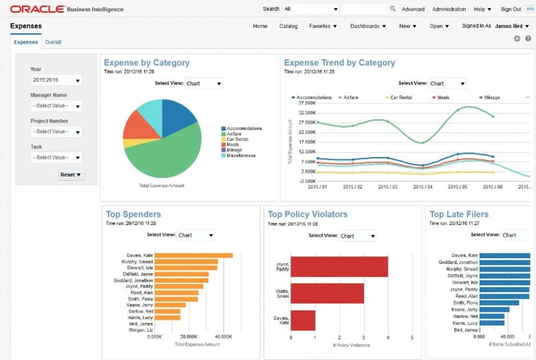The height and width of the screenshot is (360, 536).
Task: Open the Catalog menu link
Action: [288, 26]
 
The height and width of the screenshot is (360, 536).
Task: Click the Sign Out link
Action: [510, 9]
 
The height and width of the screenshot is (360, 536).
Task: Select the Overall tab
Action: [53, 42]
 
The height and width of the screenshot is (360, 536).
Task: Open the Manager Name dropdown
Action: [56, 106]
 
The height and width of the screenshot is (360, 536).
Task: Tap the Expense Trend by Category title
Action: [339, 63]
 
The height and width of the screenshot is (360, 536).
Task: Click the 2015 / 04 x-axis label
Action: [423, 187]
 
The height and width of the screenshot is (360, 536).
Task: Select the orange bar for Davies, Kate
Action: [194, 256]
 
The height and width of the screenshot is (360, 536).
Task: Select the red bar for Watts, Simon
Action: [327, 293]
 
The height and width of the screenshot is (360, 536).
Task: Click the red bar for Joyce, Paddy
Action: [339, 267]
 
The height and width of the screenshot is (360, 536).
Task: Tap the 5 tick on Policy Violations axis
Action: [412, 338]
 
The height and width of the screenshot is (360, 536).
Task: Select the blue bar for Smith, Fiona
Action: [499, 303]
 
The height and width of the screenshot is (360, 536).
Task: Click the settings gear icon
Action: [517, 39]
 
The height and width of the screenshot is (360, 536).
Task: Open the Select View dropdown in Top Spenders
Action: [195, 235]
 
